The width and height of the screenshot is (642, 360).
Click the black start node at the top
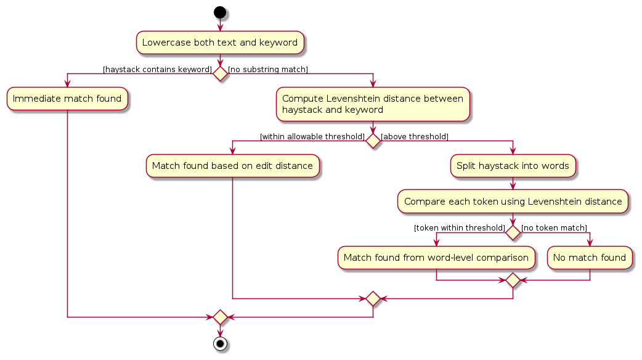pyautogui.click(x=220, y=12)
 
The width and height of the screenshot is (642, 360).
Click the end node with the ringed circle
pyautogui.click(x=220, y=343)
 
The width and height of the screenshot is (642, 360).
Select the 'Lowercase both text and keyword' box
pyautogui.click(x=220, y=43)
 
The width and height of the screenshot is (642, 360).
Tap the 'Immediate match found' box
pyautogui.click(x=67, y=99)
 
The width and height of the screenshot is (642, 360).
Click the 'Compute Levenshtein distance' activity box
pyautogui.click(x=373, y=104)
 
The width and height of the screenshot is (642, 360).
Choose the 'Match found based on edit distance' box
pyautogui.click(x=232, y=166)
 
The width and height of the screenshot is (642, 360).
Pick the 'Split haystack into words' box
pyautogui.click(x=513, y=166)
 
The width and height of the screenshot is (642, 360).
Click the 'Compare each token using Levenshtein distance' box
pyautogui.click(x=513, y=202)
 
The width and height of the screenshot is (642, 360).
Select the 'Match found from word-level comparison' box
pyautogui.click(x=436, y=258)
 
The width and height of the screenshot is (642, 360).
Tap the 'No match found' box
pyautogui.click(x=590, y=258)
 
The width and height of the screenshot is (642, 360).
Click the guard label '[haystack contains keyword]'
pyautogui.click(x=157, y=70)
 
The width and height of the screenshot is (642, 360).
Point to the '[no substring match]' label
pyautogui.click(x=268, y=70)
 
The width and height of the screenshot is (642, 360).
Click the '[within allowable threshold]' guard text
pyautogui.click(x=312, y=136)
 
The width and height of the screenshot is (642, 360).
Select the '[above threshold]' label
pyautogui.click(x=415, y=136)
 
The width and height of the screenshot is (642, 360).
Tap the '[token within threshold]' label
pyautogui.click(x=460, y=228)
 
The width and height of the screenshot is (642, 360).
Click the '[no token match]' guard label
pyautogui.click(x=554, y=228)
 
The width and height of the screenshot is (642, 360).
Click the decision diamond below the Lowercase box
pyautogui.click(x=220, y=74)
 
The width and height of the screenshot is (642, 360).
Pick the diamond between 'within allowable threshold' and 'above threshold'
pyautogui.click(x=373, y=141)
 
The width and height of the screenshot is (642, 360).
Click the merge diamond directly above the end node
pyautogui.click(x=220, y=317)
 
